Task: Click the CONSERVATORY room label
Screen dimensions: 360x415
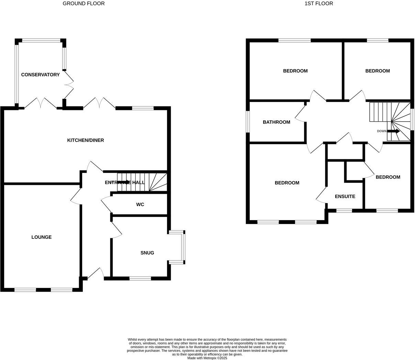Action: click(40, 75)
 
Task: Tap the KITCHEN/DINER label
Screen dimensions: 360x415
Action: click(85, 140)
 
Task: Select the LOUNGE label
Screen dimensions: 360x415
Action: click(41, 237)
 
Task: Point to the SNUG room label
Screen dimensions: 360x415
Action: click(147, 253)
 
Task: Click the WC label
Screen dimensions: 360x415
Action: click(140, 204)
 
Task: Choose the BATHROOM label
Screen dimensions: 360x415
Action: click(276, 122)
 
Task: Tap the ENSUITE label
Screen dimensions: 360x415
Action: click(345, 196)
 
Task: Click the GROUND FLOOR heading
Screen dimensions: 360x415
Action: click(83, 3)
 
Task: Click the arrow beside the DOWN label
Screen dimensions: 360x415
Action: click(394, 131)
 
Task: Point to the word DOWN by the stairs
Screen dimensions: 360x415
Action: click(382, 131)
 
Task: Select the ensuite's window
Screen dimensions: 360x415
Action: click(344, 210)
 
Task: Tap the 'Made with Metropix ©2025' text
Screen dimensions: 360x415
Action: click(207, 358)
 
